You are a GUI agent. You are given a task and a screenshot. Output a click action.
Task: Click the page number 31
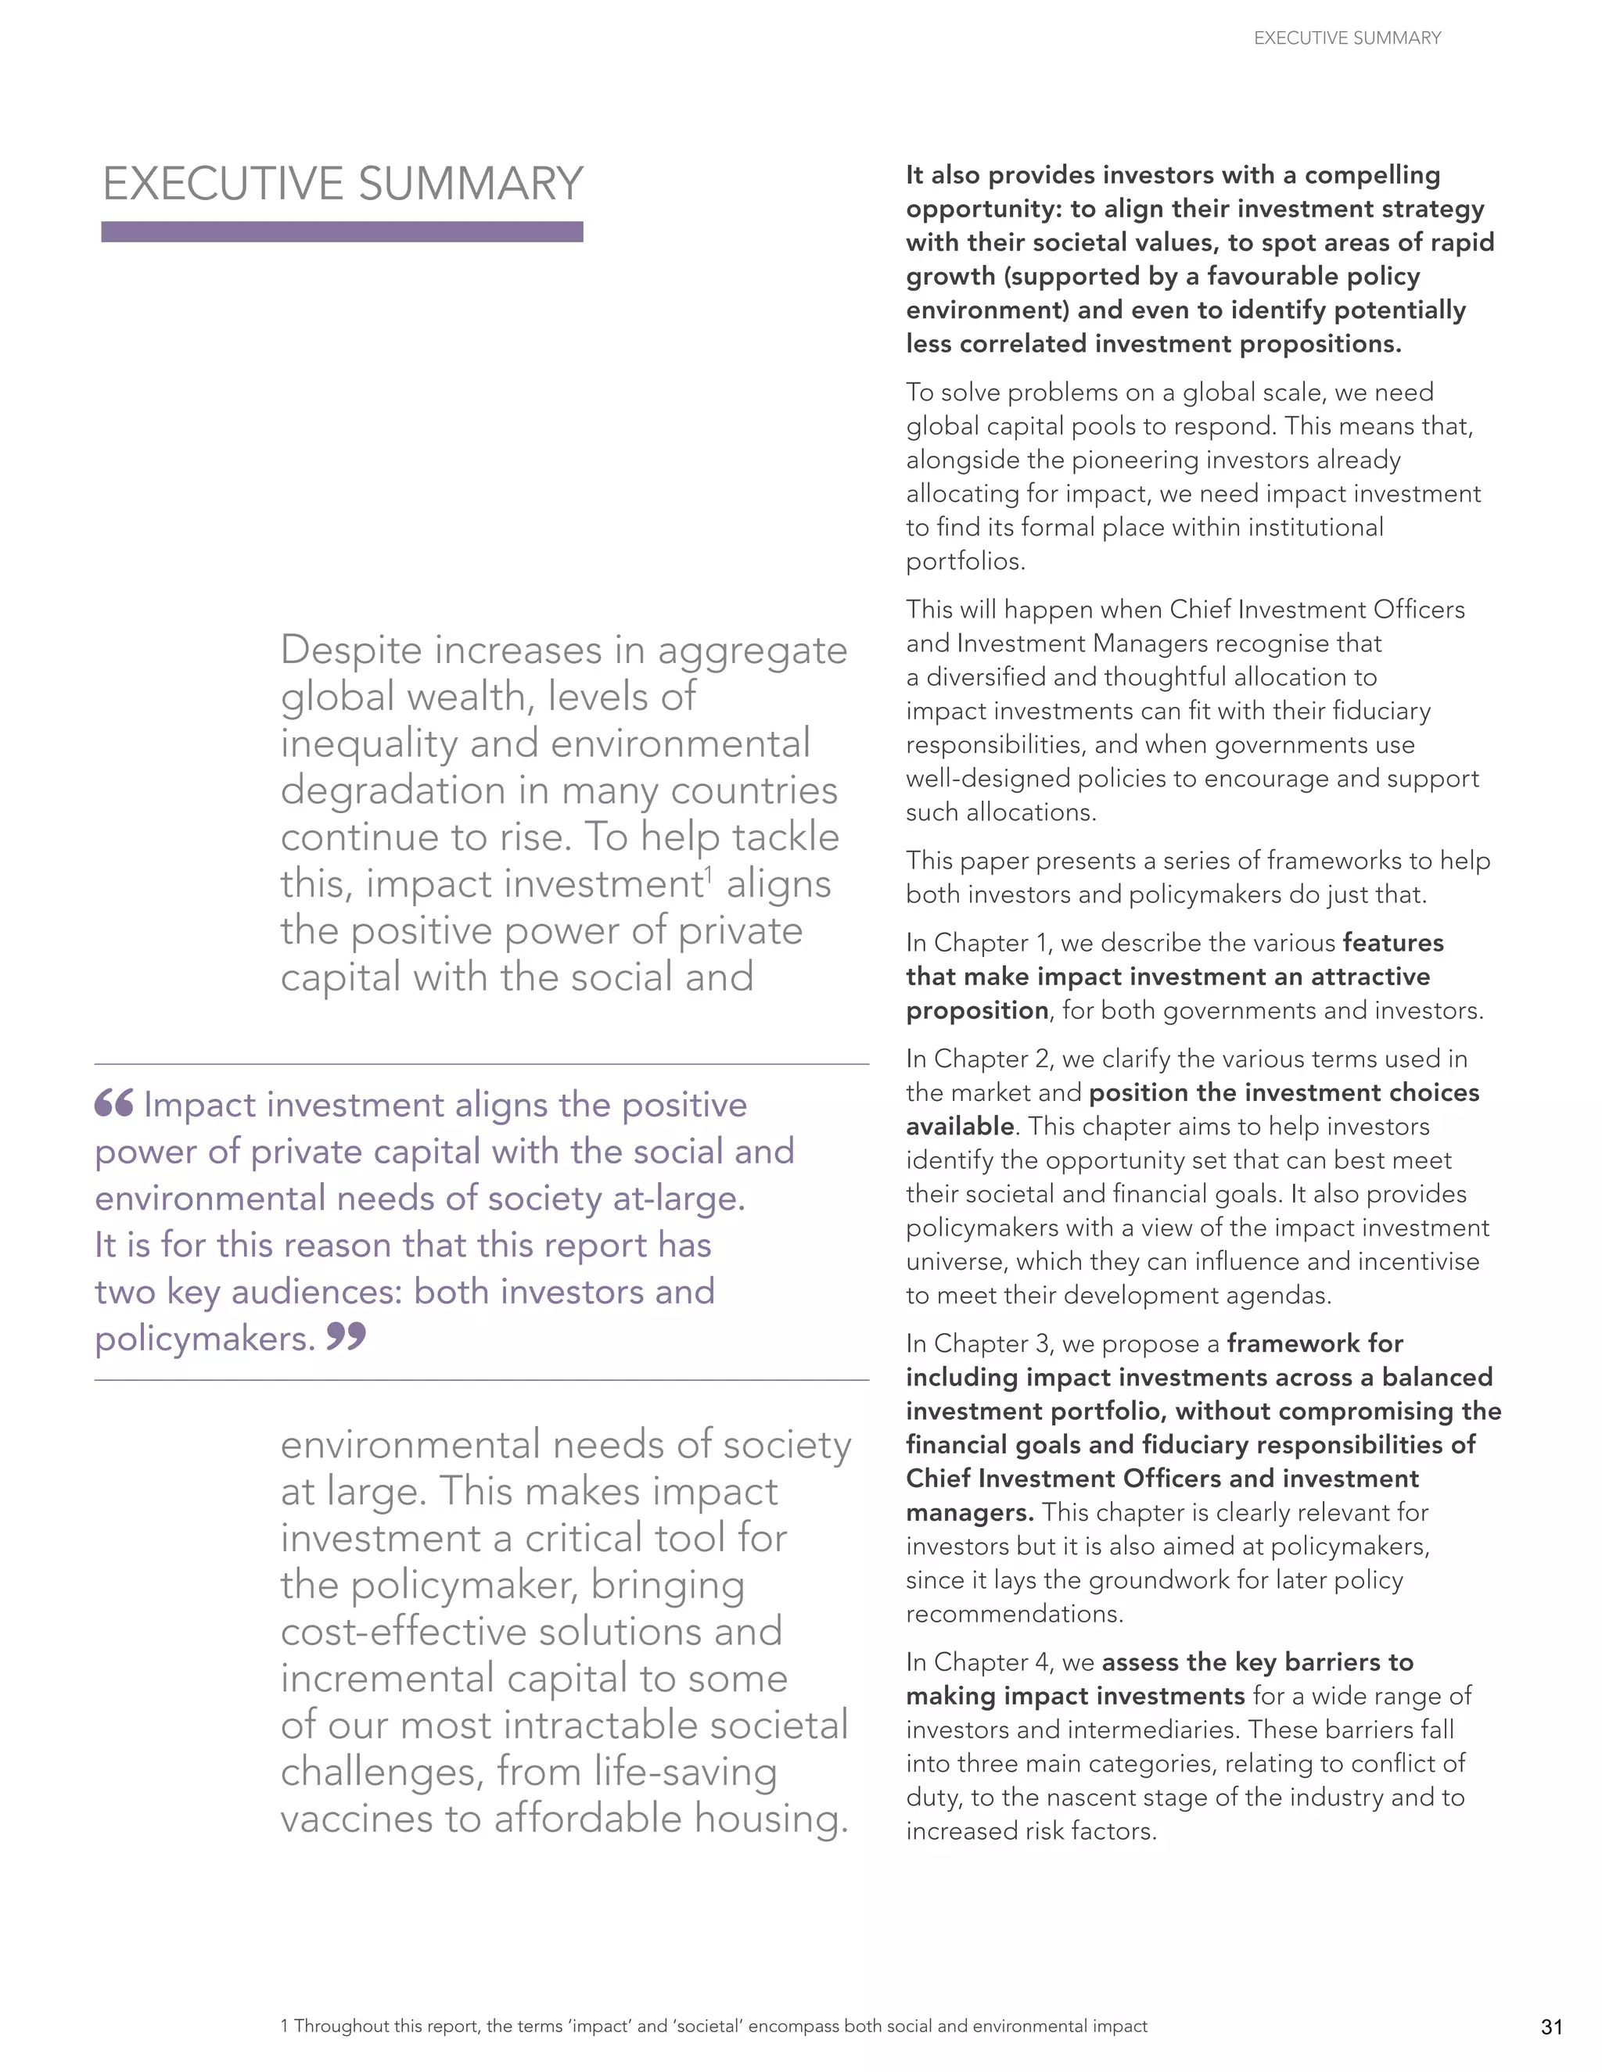pos(1552,2027)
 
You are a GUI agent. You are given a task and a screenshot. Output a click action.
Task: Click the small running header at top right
pos(1347,38)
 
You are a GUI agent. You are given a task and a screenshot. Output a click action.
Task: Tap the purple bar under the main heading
pos(342,231)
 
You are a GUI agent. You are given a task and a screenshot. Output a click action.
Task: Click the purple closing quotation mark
pos(346,1338)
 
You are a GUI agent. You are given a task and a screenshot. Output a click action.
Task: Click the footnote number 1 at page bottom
pos(285,2027)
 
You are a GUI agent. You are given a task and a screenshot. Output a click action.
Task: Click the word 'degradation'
pos(393,790)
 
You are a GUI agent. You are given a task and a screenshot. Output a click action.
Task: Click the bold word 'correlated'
pos(1023,344)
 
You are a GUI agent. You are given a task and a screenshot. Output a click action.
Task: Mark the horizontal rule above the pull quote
pos(481,1064)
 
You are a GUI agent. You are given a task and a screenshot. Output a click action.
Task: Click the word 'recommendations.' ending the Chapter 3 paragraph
pos(1015,1614)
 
